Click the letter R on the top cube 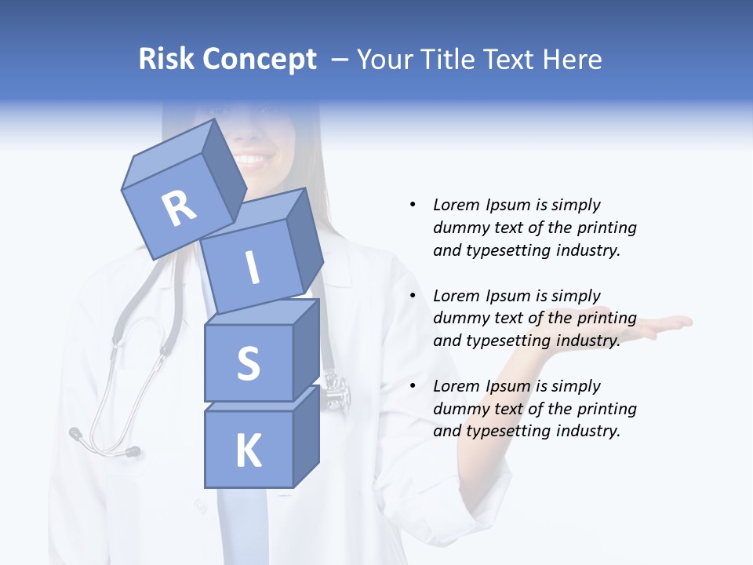[179, 208]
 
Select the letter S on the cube [248, 363]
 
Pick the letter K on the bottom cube [248, 450]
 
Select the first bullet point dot [413, 205]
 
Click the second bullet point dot [413, 296]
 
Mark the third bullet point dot [413, 386]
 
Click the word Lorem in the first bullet [456, 205]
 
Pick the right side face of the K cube [306, 436]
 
